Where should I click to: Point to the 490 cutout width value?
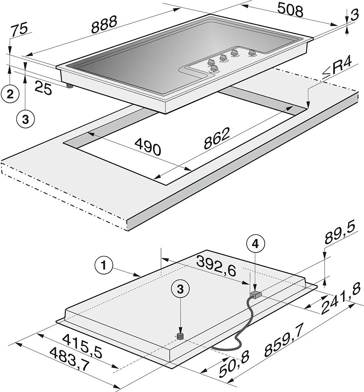148,147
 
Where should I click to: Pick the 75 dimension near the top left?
20,31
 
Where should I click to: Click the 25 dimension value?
43,89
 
